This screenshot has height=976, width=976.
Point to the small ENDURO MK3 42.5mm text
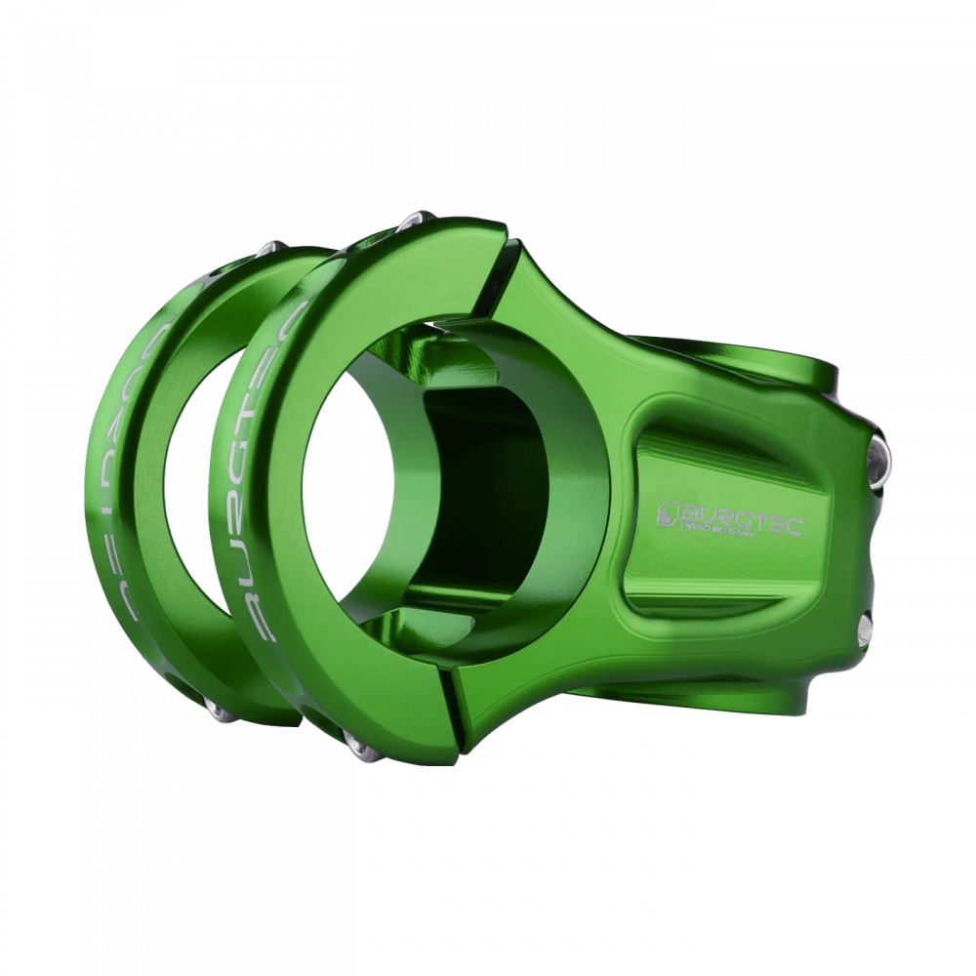(717, 531)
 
